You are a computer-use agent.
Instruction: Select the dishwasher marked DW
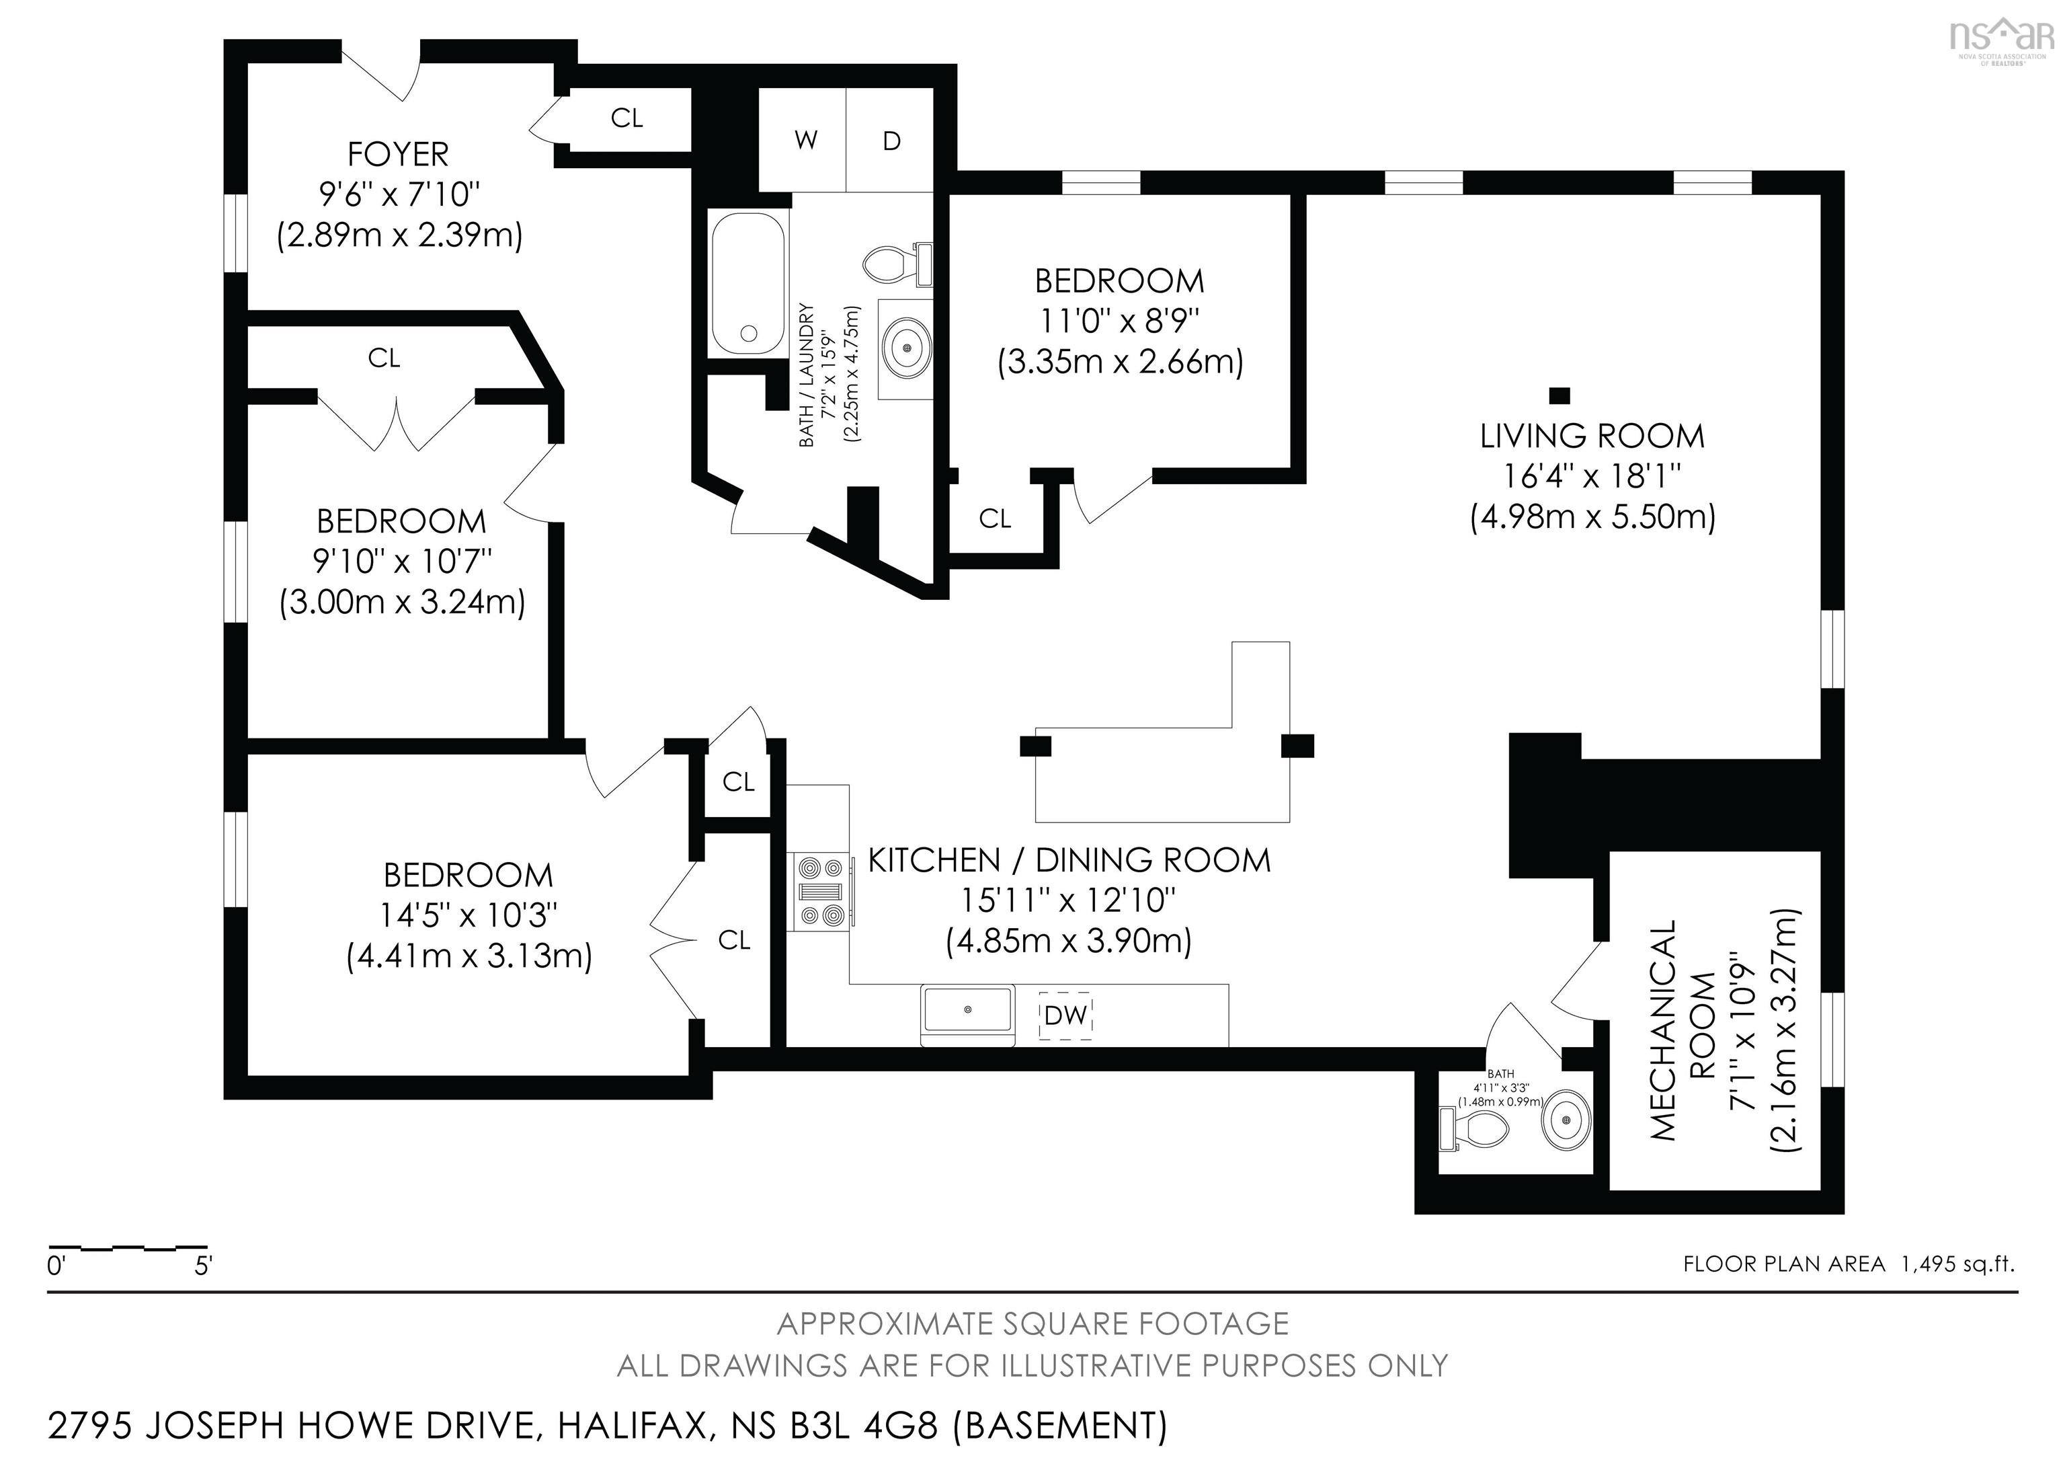[x=1066, y=1015]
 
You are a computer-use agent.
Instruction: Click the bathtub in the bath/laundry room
[x=747, y=283]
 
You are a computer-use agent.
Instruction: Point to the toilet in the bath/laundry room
[x=895, y=264]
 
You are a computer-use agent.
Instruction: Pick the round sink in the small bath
[x=1567, y=1120]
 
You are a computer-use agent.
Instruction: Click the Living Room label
[x=1592, y=436]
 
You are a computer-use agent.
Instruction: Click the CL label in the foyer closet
[x=627, y=118]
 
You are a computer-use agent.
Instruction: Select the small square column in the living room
[x=1560, y=395]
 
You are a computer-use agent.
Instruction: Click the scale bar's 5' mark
[x=203, y=1266]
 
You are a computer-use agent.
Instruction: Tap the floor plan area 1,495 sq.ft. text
[x=1849, y=1264]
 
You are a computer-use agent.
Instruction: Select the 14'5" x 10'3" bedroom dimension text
[x=469, y=915]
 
